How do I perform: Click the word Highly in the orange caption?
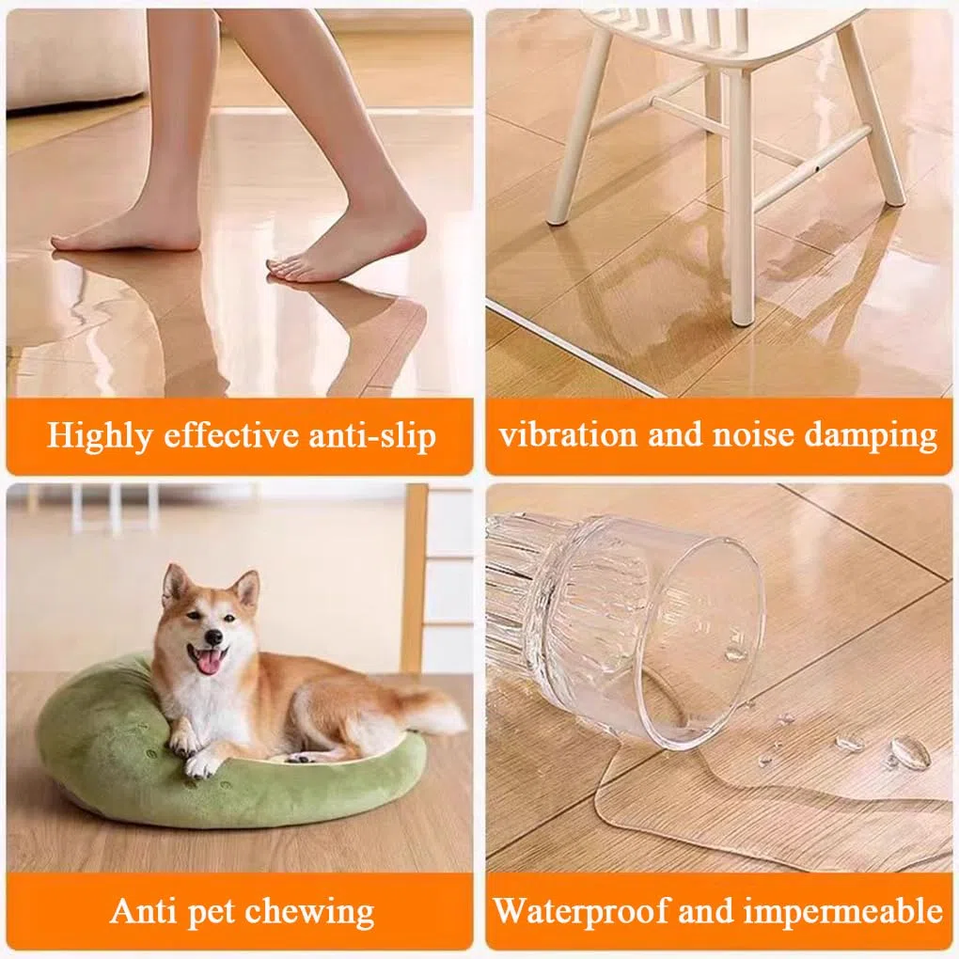point(100,436)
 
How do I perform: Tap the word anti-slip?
point(372,436)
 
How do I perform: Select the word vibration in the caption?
point(568,435)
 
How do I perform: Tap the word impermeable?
point(842,911)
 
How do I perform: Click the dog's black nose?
point(212,637)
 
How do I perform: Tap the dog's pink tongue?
point(209,663)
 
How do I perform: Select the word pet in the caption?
point(212,913)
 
